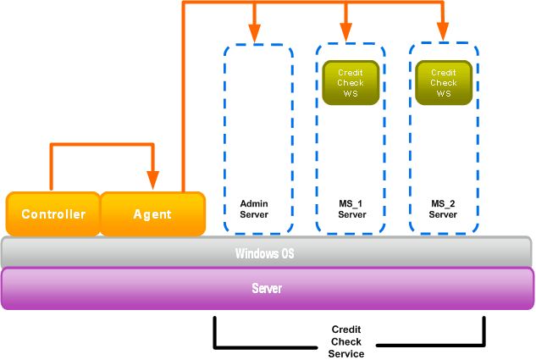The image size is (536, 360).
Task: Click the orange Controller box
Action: click(52, 213)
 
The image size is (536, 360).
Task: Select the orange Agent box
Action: click(153, 213)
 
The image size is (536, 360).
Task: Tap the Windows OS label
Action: click(265, 252)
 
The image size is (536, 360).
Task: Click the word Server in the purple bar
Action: click(267, 289)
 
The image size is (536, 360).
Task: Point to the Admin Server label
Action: click(254, 209)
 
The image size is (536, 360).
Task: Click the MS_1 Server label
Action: click(351, 209)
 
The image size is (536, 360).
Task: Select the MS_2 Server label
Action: click(444, 209)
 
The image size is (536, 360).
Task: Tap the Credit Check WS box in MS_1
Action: click(351, 83)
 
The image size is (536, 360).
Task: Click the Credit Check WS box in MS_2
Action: click(444, 83)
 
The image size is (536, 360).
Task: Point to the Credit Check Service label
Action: click(346, 341)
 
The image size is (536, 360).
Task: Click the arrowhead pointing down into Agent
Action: click(152, 180)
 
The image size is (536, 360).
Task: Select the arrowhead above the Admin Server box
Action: click(254, 34)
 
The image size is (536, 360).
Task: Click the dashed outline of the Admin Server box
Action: click(224, 136)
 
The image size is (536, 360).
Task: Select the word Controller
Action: click(53, 214)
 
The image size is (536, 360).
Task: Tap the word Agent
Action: click(152, 214)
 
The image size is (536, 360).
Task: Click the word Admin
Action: click(254, 204)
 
